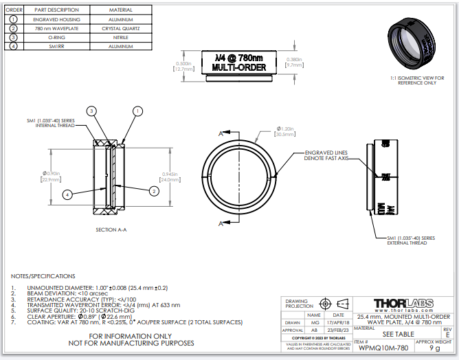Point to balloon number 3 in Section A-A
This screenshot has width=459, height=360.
[91, 111]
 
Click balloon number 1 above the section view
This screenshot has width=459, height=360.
[137, 111]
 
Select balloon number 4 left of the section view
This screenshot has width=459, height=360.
[67, 194]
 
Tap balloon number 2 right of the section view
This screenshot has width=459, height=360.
[154, 190]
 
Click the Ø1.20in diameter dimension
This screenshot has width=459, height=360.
[284, 131]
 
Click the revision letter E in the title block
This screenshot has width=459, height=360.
[447, 335]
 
